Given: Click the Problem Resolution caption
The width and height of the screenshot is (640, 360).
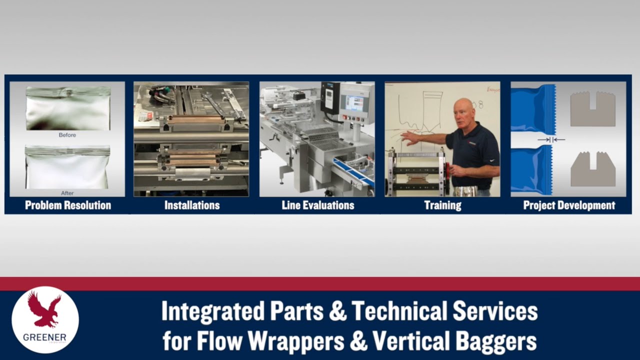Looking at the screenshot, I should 68,205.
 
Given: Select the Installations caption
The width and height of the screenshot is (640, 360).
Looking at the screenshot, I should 192,205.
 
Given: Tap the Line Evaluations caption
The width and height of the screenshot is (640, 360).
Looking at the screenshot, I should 317,205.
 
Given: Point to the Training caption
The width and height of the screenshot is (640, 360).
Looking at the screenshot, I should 442,205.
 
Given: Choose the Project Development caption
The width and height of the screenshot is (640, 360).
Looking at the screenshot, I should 569,205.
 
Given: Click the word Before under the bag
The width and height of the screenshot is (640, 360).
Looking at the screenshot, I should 67,135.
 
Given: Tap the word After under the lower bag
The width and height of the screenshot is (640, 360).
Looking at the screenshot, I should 67,193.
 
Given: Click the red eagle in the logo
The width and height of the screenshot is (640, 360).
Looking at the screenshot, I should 44,309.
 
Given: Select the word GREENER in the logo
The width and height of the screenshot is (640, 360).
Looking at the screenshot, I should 44,337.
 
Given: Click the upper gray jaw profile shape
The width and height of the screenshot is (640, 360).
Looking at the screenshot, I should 592,108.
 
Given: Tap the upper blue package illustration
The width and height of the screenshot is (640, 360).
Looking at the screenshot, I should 531,108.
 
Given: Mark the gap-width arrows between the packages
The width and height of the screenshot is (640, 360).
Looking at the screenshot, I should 551,140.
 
